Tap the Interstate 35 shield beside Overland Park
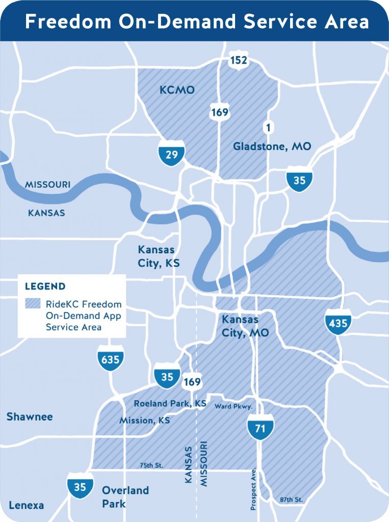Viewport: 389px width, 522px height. (80, 486)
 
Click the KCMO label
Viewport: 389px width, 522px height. (177, 90)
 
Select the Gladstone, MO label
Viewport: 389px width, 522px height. (272, 147)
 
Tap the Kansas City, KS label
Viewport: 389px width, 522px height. (157, 256)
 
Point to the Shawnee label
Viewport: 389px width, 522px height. (30, 417)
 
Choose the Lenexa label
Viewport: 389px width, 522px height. (26, 505)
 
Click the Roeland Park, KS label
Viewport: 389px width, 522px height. (170, 404)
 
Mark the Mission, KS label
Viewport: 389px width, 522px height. (144, 421)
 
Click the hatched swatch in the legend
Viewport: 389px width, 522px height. (32, 304)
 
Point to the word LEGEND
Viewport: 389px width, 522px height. (45, 286)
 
